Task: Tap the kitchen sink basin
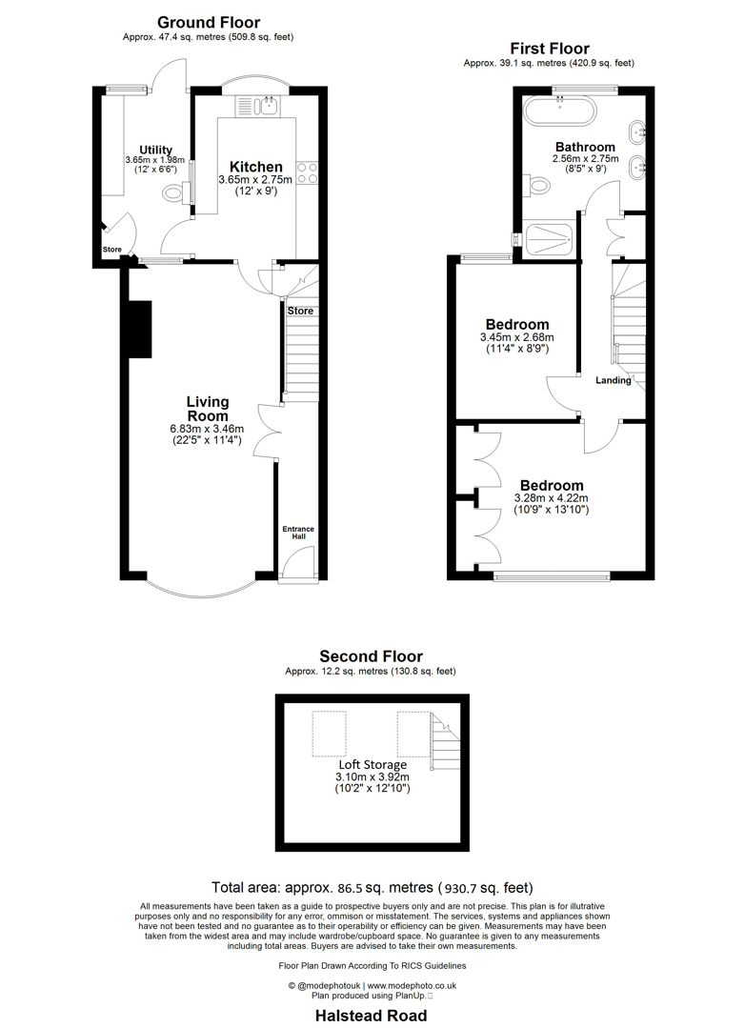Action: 270,104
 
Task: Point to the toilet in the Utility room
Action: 174,194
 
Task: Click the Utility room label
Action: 155,150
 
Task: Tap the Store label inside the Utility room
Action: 112,250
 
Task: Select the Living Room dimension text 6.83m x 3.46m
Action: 207,429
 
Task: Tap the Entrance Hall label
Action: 298,533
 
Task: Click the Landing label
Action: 614,380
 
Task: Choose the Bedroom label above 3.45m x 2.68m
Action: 517,324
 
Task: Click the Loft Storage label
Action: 372,764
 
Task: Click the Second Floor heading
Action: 371,655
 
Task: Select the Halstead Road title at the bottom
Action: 372,1016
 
